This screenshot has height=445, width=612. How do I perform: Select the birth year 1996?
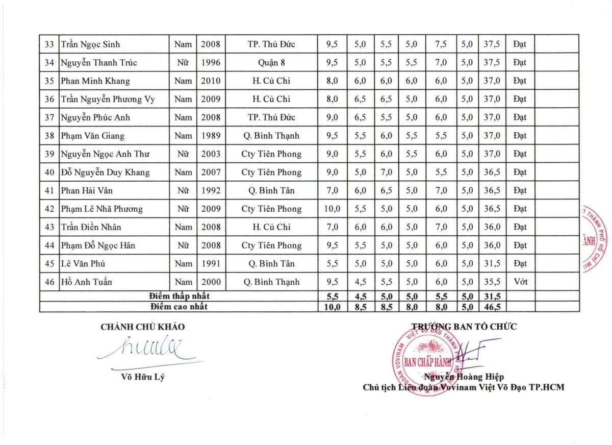[x=211, y=63]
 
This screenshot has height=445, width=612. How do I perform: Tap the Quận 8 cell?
[x=271, y=63]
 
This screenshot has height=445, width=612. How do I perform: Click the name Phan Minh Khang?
[x=95, y=81]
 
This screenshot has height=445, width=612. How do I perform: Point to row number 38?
[x=49, y=136]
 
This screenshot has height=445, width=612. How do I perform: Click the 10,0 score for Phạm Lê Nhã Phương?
[x=331, y=209]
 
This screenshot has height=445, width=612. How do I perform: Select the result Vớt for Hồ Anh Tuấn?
[x=520, y=282]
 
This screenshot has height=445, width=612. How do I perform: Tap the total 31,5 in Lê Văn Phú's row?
[x=492, y=264]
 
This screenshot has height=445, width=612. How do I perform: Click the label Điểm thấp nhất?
[x=179, y=296]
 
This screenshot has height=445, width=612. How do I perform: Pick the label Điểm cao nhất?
[x=179, y=307]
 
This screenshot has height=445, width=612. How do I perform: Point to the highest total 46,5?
[x=492, y=307]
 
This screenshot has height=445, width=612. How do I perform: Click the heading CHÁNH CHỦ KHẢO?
[x=142, y=327]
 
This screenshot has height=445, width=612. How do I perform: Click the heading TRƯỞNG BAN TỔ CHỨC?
[x=464, y=327]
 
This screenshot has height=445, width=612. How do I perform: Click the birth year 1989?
[x=211, y=136]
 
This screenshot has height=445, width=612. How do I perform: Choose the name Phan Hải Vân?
[x=86, y=190]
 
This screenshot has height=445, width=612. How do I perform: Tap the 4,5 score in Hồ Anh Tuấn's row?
[x=360, y=282]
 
